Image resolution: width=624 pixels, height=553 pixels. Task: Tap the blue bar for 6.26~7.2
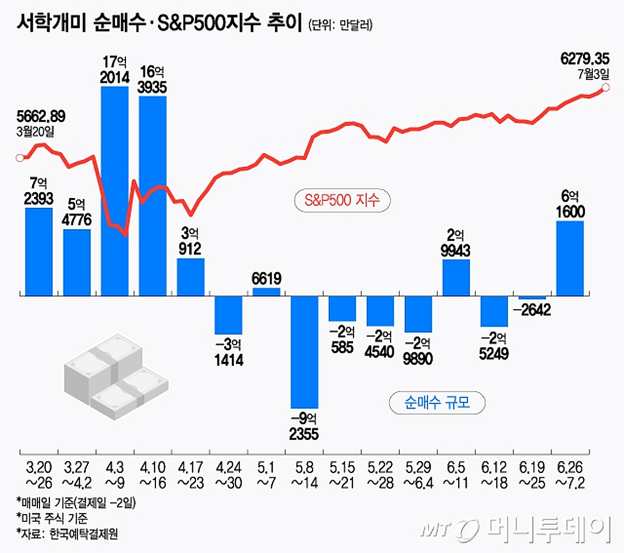click(570, 258)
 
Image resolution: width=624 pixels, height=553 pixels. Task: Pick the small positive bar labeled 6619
click(266, 292)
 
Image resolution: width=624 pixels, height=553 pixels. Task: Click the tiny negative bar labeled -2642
click(532, 297)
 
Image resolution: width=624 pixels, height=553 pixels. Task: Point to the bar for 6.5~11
click(456, 278)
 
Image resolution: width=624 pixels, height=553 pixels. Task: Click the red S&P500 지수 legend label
click(342, 200)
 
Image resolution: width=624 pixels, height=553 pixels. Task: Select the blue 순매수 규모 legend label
click(437, 402)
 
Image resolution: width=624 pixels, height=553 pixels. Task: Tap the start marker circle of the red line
click(20, 158)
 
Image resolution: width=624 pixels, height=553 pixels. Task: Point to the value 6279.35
click(584, 59)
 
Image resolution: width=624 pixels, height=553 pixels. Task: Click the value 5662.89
click(41, 116)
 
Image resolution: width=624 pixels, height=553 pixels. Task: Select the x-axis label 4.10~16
click(152, 475)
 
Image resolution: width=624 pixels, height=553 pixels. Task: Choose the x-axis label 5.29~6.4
click(418, 475)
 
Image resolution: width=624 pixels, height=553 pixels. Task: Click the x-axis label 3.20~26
click(39, 475)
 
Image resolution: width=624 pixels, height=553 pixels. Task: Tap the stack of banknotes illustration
click(115, 377)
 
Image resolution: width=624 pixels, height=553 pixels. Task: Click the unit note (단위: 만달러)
click(340, 25)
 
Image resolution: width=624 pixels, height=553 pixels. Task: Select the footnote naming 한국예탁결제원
click(68, 534)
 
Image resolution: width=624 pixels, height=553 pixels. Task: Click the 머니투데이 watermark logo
click(515, 529)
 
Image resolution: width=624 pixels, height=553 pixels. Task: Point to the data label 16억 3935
click(152, 80)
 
